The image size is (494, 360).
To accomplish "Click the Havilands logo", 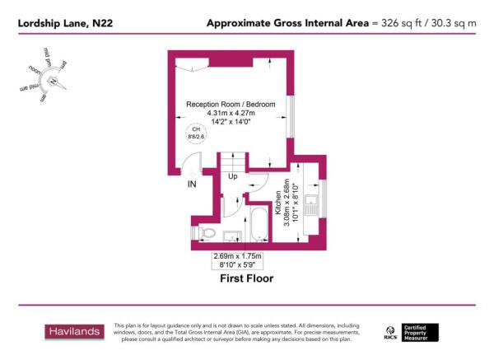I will (73, 331).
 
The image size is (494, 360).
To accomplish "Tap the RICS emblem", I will (391, 332).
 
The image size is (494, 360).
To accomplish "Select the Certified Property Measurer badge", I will (426, 331).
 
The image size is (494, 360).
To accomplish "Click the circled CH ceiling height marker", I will (196, 133).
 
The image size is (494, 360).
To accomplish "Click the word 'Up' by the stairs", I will (233, 177).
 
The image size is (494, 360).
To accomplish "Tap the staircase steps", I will (233, 161).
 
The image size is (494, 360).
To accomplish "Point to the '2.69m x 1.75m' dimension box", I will (234, 260).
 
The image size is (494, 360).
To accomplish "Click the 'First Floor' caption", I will (246, 278).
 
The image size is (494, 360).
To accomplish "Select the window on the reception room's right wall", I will (290, 116).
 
